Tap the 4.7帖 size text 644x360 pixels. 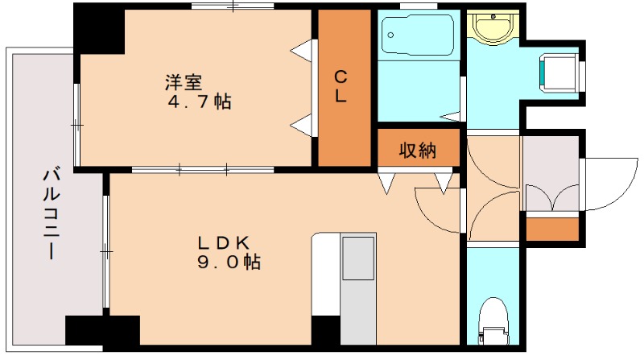point(200,103)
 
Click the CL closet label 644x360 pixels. point(341,86)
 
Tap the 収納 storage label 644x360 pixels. point(417,151)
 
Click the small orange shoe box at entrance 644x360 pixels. point(552,229)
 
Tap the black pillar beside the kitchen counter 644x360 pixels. point(325,330)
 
